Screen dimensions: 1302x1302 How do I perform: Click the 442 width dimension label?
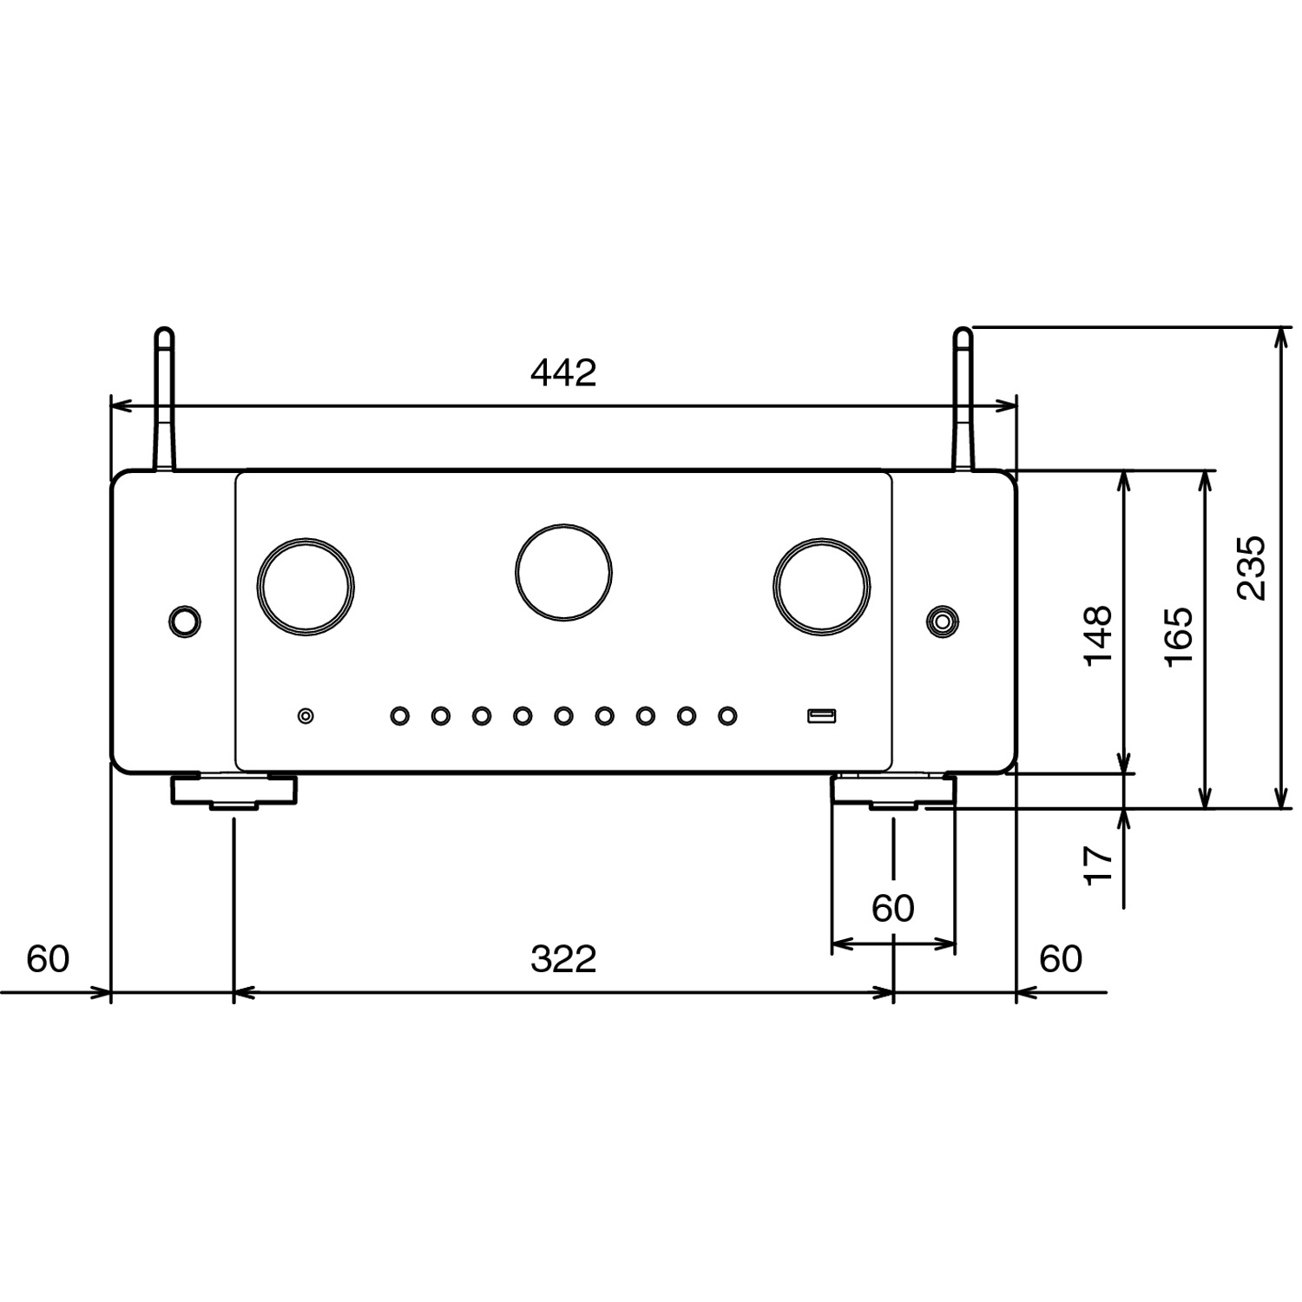point(563,372)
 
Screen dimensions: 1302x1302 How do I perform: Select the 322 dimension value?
point(563,959)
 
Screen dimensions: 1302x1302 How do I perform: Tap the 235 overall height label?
point(1252,568)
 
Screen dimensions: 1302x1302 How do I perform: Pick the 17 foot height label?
point(1099,865)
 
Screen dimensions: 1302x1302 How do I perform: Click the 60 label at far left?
point(47,959)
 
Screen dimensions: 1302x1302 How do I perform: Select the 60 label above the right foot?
point(892,909)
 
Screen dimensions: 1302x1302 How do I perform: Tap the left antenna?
point(164,399)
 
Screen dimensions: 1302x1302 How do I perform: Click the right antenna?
point(963,399)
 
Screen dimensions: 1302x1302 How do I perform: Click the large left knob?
point(306,587)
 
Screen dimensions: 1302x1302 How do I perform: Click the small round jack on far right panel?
point(943,621)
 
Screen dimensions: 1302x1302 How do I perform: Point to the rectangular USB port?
point(821,716)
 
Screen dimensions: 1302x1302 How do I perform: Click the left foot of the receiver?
point(233,792)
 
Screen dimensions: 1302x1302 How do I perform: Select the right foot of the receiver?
point(893,792)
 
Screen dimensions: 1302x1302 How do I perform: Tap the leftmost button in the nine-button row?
point(399,716)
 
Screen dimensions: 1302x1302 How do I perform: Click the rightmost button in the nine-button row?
point(727,716)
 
